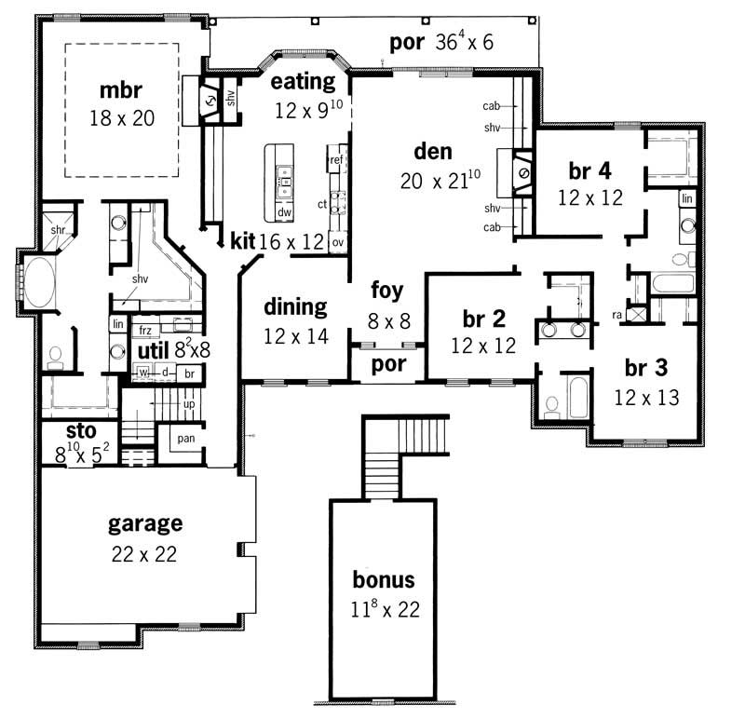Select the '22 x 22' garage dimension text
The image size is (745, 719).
[x=143, y=553]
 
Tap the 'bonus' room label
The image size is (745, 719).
[x=383, y=580]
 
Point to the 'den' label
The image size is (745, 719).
[x=432, y=151]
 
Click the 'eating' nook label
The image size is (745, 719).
[x=303, y=82]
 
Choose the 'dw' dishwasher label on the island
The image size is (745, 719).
[x=284, y=212]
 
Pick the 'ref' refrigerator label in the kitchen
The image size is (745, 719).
[x=336, y=161]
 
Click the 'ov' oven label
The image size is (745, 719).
[x=337, y=242]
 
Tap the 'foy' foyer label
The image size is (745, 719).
[x=386, y=289]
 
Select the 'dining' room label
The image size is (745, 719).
[x=295, y=306]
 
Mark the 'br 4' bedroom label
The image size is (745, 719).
[x=590, y=170]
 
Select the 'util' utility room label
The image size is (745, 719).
[x=152, y=350]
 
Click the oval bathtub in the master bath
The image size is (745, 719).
[x=39, y=283]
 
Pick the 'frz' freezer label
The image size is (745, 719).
[x=144, y=330]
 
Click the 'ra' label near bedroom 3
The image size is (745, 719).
[x=616, y=315]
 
